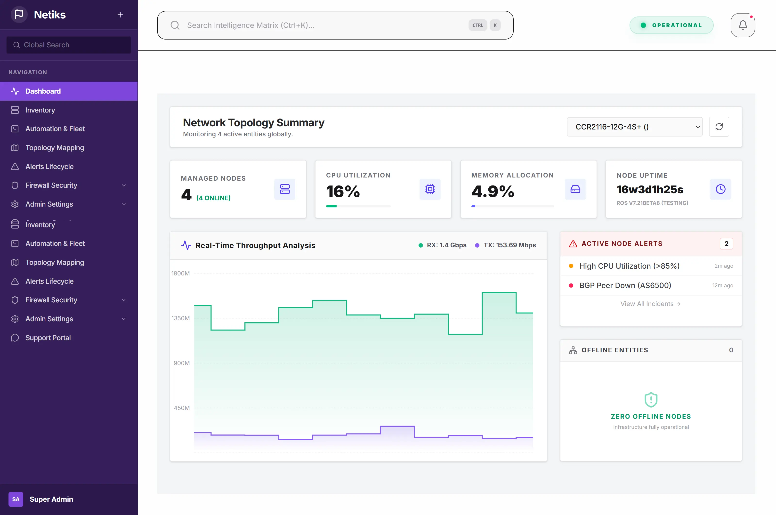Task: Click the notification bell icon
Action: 743,25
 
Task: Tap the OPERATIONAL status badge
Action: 671,25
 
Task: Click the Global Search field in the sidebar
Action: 69,45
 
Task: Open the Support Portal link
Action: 48,338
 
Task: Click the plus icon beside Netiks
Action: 121,15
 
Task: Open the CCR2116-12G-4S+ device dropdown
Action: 634,127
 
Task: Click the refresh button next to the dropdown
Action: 719,127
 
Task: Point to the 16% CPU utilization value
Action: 343,192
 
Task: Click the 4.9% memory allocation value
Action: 493,192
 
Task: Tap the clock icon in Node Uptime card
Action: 720,189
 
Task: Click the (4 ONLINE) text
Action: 213,198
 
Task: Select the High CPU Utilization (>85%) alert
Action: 629,266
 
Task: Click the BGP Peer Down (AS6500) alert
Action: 625,285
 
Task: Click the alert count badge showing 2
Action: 726,244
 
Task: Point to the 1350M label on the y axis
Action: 181,318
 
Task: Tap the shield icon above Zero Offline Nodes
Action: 651,400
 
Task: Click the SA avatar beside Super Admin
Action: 16,499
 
